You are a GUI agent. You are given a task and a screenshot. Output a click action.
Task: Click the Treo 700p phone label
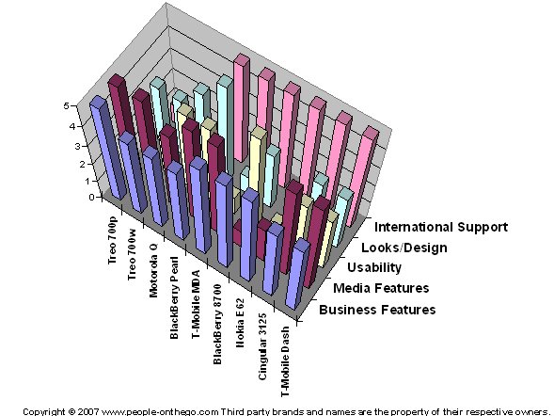pyautogui.click(x=112, y=240)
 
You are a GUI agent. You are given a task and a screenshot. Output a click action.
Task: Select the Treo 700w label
pyautogui.click(x=132, y=255)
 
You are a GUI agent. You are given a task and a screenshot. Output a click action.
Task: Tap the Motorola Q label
pyautogui.click(x=153, y=270)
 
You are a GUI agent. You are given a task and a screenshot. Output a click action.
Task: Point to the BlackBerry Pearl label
pyautogui.click(x=175, y=298)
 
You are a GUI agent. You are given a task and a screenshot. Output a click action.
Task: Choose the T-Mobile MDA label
pyautogui.click(x=196, y=304)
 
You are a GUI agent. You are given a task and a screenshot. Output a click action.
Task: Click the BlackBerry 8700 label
pyautogui.click(x=217, y=324)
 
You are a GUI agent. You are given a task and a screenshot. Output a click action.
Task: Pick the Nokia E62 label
pyautogui.click(x=240, y=323)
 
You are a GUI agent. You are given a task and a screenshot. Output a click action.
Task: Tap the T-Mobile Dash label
pyautogui.click(x=285, y=361)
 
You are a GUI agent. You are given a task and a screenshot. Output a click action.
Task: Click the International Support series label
pyautogui.click(x=441, y=227)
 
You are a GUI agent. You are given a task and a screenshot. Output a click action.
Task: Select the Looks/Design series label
pyautogui.click(x=404, y=248)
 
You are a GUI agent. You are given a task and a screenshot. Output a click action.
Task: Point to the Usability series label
pyautogui.click(x=374, y=267)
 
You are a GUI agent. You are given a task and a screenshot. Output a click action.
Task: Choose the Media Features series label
pyautogui.click(x=381, y=288)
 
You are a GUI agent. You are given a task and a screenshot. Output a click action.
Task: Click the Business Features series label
pyautogui.click(x=377, y=310)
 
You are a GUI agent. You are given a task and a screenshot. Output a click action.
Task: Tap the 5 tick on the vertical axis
pyautogui.click(x=66, y=105)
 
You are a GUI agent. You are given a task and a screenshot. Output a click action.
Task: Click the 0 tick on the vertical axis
pyautogui.click(x=91, y=198)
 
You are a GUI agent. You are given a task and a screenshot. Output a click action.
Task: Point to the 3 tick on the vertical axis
pyautogui.click(x=78, y=146)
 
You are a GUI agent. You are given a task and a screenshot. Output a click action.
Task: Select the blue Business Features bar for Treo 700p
pyautogui.click(x=108, y=148)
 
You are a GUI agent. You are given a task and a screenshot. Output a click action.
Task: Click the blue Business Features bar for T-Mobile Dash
pyautogui.click(x=297, y=274)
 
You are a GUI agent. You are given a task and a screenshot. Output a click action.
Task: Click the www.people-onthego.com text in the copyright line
pyautogui.click(x=160, y=411)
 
